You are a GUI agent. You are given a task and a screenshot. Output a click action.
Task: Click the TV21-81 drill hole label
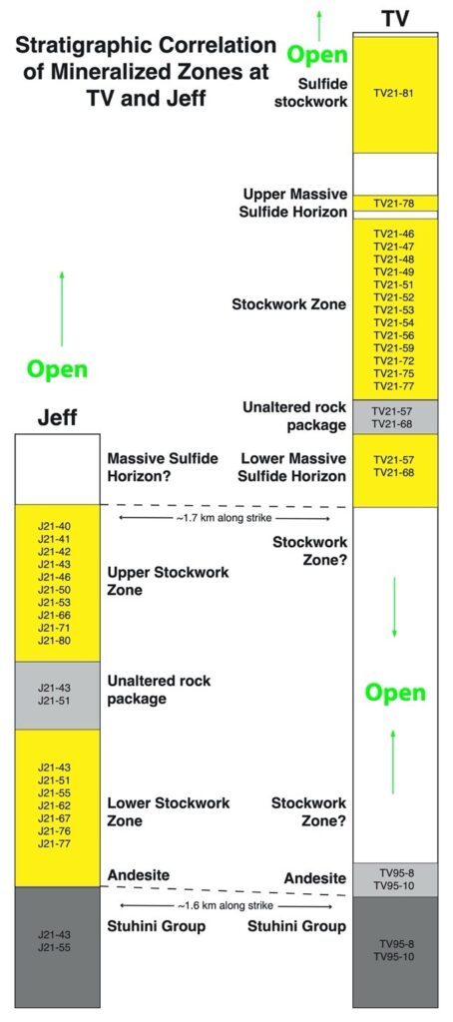[394, 93]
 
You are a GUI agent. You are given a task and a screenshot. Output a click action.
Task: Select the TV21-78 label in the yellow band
[394, 204]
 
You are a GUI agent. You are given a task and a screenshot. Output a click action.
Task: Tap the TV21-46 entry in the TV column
[394, 234]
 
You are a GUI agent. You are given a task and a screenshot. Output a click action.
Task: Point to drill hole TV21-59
[394, 348]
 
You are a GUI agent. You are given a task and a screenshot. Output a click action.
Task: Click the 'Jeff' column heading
[57, 418]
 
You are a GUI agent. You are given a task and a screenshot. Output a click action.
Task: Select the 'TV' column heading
[394, 19]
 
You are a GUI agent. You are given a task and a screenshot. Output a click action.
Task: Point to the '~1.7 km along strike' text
[225, 519]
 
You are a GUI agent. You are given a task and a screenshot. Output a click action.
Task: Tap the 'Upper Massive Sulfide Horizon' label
[293, 204]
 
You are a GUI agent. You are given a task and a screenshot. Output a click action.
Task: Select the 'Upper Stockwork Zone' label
[169, 581]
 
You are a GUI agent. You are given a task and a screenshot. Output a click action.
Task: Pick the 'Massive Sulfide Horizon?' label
[163, 467]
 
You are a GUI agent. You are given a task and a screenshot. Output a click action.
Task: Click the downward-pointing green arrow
[394, 606]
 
